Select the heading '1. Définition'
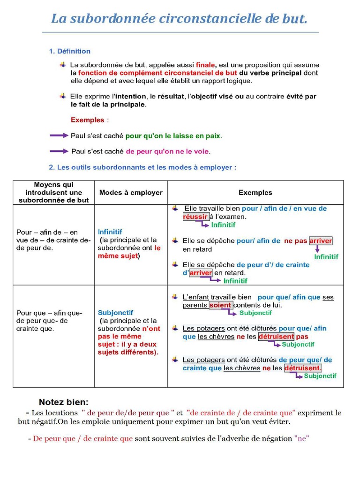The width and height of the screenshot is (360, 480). pos(70,51)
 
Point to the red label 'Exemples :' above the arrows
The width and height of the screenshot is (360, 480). pos(90,120)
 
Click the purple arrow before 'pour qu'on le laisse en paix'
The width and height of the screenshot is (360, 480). pos(59,135)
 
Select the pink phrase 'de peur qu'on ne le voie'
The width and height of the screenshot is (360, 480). pos(168,151)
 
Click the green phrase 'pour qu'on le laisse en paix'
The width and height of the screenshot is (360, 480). pos(173,136)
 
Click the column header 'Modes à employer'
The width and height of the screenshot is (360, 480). pos(131,192)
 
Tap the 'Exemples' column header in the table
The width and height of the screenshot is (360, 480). pos(255,192)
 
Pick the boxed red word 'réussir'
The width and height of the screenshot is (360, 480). pos(195,217)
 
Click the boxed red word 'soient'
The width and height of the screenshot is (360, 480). pos(220,305)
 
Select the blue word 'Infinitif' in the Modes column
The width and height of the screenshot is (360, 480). pos(110,232)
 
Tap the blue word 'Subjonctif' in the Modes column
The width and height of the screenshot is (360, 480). pos(115,312)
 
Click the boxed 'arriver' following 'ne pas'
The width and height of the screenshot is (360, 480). pos(321,241)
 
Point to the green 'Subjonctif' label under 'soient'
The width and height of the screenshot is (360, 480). pos(255,313)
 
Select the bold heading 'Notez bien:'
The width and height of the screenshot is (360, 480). pos(63,402)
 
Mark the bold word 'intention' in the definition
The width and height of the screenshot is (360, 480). pos(130,96)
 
